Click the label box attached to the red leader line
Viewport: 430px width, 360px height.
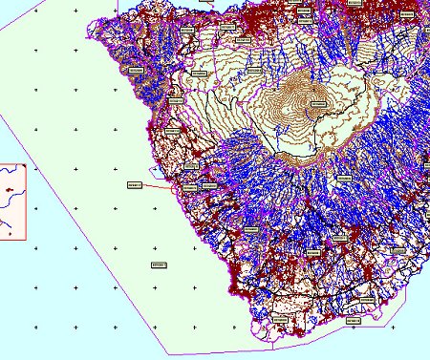click(134, 184)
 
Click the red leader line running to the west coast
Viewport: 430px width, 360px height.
click(158, 185)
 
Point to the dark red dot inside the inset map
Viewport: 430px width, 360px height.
click(10, 189)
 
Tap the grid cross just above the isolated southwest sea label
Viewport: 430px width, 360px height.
click(155, 247)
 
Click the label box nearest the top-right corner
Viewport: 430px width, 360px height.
click(407, 17)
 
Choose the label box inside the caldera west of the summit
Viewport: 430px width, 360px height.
click(201, 73)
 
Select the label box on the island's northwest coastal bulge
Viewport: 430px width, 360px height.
click(134, 70)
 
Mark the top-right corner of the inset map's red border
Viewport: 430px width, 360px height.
click(26, 162)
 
